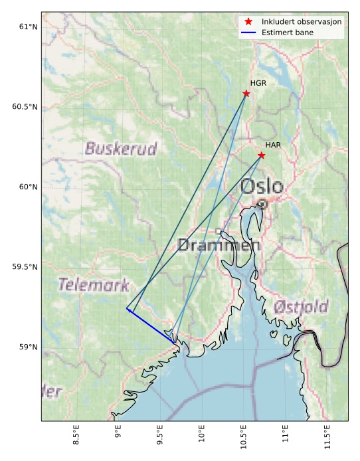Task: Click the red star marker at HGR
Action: coord(246,94)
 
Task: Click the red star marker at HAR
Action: coord(262,155)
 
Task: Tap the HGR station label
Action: coord(258,83)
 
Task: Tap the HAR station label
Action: coord(273,145)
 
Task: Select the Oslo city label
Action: coord(262,187)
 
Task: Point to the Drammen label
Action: coord(210,246)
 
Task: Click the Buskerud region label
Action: coord(121,149)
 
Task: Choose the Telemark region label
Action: coord(93,286)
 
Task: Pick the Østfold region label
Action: coord(301,307)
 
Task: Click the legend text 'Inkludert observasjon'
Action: coord(302,22)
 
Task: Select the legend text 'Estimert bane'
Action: coord(288,32)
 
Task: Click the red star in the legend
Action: coord(249,22)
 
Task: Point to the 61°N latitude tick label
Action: coord(28,27)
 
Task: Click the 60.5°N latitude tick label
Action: coord(25,107)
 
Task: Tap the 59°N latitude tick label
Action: coord(28,347)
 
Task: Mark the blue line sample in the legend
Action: coord(249,32)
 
